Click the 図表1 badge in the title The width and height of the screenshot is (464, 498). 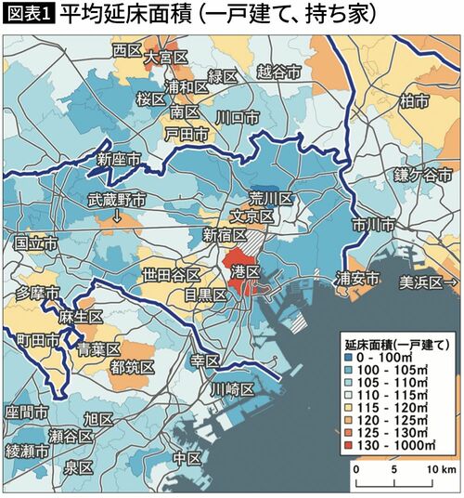click(x=29, y=15)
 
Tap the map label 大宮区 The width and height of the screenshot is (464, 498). click(x=167, y=58)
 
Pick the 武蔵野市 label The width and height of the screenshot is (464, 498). click(x=117, y=199)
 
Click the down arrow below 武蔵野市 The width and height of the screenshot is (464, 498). click(x=117, y=217)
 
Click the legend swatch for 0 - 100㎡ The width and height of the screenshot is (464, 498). click(x=346, y=356)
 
